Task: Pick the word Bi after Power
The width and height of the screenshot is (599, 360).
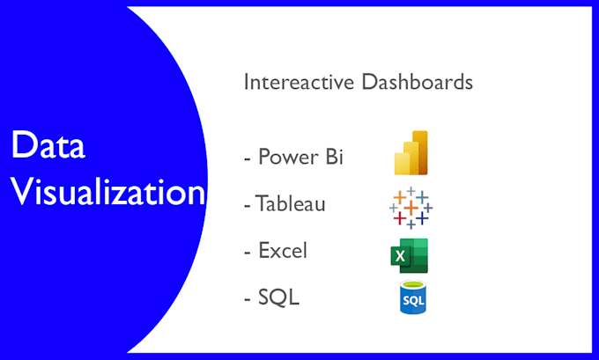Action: coord(332,158)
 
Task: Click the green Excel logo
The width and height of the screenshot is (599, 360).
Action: coord(410,255)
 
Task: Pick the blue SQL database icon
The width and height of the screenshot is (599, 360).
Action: coord(410,298)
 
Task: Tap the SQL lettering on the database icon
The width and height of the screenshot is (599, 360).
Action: coord(410,302)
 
